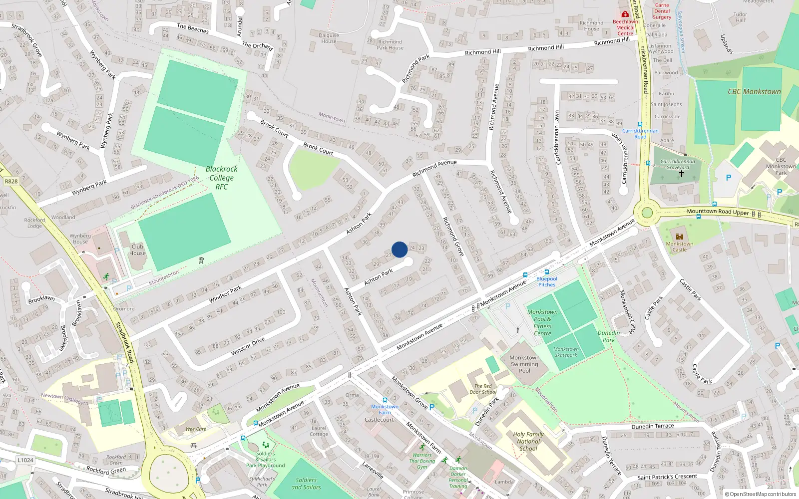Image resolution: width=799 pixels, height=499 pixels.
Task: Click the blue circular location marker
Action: coord(399,249)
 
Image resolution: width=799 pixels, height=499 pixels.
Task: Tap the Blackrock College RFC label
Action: coord(221,178)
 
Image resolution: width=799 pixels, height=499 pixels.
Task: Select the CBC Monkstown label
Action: coord(754,92)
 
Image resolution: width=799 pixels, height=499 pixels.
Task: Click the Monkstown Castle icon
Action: coord(679,236)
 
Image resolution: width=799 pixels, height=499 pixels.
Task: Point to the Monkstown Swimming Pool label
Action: coord(524,364)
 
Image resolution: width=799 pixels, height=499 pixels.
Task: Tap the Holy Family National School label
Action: coord(528,441)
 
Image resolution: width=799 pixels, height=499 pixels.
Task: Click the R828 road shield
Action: coord(11,181)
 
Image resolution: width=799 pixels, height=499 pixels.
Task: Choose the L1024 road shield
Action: coord(25,460)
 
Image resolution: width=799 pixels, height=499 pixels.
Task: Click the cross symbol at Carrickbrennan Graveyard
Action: coord(681,174)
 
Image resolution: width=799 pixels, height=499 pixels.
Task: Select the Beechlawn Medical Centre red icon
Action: coord(625,14)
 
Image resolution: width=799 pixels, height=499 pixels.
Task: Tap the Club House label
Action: coord(137,249)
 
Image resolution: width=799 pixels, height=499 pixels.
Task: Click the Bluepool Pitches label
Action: coord(546,282)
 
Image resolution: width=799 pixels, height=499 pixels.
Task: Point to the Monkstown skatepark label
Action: coord(566,352)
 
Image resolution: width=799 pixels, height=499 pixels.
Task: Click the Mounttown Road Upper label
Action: coord(718,212)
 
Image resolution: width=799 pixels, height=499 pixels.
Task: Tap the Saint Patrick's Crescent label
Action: coord(667,477)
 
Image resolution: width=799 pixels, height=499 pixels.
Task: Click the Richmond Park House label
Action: coord(390,45)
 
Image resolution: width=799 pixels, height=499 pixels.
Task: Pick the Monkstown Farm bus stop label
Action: coord(385,410)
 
